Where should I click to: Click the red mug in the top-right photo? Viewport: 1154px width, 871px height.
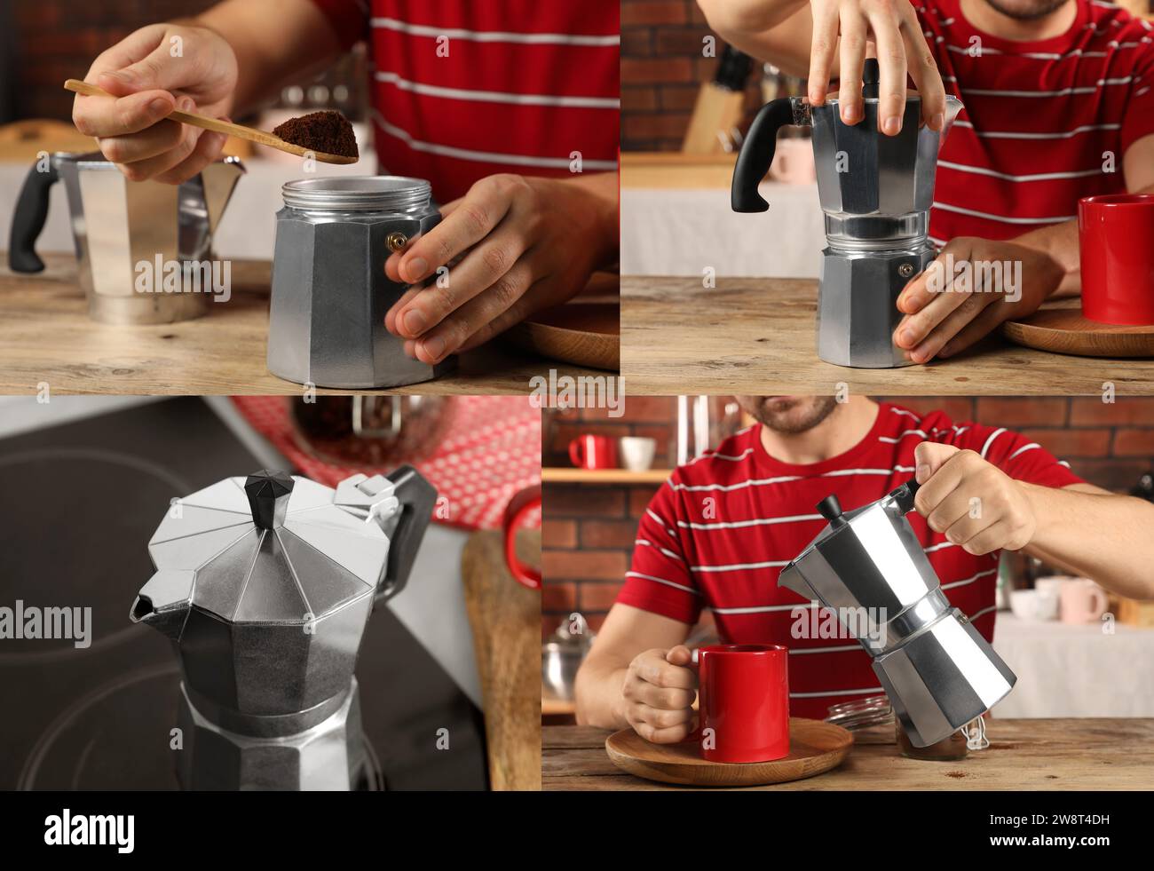(1117, 257)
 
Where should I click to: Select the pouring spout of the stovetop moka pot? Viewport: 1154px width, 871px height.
(143, 609)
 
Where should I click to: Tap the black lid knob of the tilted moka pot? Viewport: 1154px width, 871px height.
(832, 509)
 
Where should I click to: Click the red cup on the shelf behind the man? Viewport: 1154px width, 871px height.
(591, 452)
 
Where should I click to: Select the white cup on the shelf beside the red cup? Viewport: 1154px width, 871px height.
(636, 453)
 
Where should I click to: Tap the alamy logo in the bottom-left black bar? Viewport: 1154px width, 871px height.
(89, 830)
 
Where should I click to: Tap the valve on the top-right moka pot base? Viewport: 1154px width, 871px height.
(905, 270)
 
